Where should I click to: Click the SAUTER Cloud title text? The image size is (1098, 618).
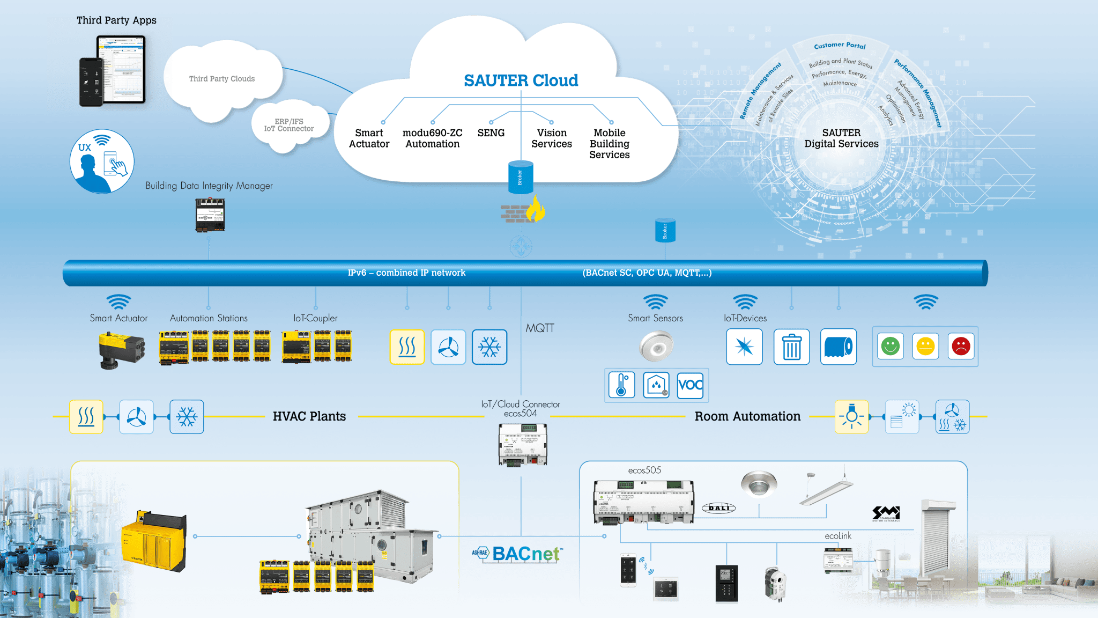(x=521, y=80)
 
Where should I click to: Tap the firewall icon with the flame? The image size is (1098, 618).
(x=523, y=210)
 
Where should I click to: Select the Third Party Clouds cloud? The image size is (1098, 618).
(x=221, y=79)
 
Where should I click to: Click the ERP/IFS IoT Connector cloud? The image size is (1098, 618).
(x=289, y=126)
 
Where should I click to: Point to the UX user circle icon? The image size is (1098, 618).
(x=102, y=161)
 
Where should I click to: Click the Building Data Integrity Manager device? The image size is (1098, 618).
(x=210, y=215)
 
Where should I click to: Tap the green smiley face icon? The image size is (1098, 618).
(x=890, y=347)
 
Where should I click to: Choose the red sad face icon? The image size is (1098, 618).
(x=961, y=347)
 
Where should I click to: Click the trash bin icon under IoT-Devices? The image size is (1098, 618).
(x=791, y=347)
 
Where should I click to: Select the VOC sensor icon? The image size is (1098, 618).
(x=690, y=385)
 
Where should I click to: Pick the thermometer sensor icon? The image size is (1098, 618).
(x=622, y=385)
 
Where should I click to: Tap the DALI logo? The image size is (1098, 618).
(x=718, y=507)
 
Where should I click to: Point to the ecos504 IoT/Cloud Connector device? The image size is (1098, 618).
(x=523, y=444)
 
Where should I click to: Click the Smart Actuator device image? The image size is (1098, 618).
(x=122, y=350)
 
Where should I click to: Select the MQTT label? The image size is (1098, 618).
(x=539, y=328)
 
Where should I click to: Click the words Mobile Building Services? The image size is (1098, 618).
(x=609, y=144)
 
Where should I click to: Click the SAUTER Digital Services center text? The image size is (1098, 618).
(x=841, y=138)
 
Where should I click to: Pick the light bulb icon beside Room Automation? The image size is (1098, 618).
(x=851, y=416)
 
